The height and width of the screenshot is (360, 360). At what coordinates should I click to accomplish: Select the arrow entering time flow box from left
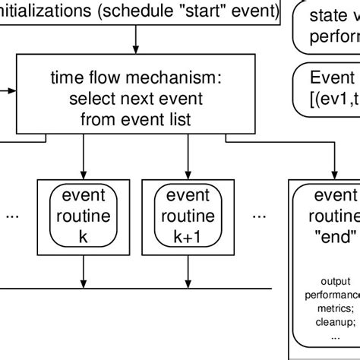[9, 90]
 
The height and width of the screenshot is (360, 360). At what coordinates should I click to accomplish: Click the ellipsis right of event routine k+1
[260, 216]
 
